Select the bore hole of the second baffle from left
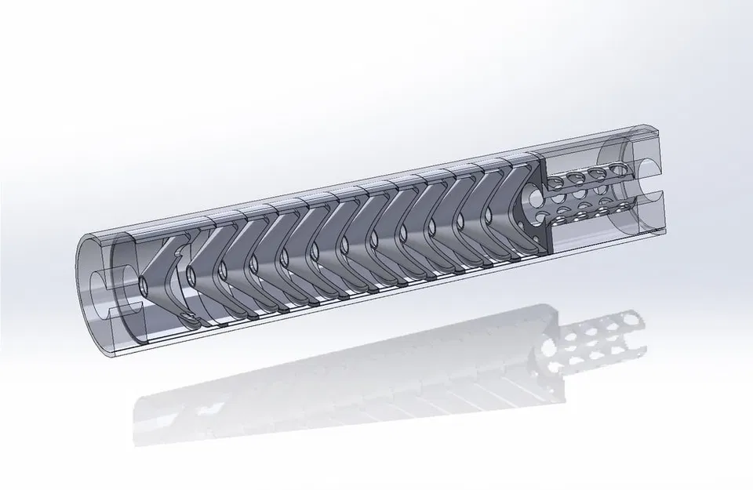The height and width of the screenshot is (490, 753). (x=191, y=275)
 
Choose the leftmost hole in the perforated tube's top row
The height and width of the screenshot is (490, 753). (x=555, y=183)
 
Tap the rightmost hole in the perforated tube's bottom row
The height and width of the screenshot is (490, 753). (x=625, y=206)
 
